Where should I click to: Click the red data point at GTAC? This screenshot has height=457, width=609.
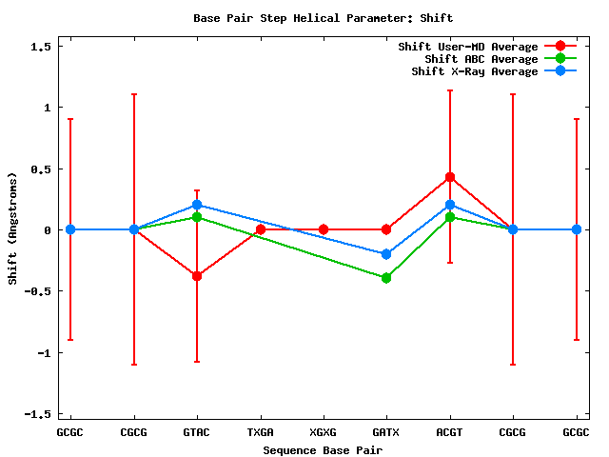(197, 276)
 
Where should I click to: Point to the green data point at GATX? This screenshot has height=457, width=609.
(386, 278)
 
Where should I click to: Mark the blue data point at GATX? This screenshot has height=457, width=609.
(386, 254)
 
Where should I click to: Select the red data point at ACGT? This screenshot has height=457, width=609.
(450, 177)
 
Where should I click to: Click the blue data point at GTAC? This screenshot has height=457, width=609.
(197, 205)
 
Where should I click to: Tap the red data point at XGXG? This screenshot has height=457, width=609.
(324, 229)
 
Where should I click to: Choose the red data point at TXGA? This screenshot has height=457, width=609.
(261, 229)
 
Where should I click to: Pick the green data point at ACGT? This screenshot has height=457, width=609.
(450, 217)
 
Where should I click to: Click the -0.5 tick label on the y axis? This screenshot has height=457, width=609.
(38, 291)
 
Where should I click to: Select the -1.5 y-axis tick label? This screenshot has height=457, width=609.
(38, 414)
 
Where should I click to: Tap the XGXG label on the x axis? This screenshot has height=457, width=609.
(324, 432)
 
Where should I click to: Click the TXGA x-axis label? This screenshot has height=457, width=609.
(261, 432)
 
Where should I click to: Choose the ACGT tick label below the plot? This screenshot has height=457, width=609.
(450, 432)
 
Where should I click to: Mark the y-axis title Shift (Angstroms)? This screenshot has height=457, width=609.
(13, 229)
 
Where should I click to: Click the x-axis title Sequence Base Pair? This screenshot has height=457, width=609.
(324, 448)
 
